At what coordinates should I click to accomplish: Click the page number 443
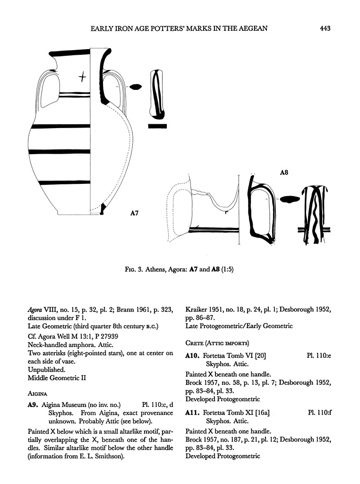coord(324,29)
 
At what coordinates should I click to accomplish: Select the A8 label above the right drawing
coord(284,173)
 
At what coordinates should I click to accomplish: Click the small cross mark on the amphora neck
coord(83,76)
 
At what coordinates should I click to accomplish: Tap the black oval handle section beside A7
coord(136,87)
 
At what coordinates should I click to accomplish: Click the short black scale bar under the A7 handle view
coord(157,126)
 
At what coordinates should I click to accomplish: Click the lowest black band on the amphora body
coord(59,182)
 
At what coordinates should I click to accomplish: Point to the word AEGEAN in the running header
coord(254,29)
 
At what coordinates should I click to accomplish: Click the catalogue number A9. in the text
coord(33,405)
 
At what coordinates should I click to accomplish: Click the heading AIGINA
coord(38,392)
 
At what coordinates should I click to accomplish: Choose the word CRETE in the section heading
coord(195,343)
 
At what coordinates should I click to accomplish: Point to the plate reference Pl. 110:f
coord(319,413)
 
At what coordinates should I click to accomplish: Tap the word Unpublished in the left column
coord(46,369)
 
